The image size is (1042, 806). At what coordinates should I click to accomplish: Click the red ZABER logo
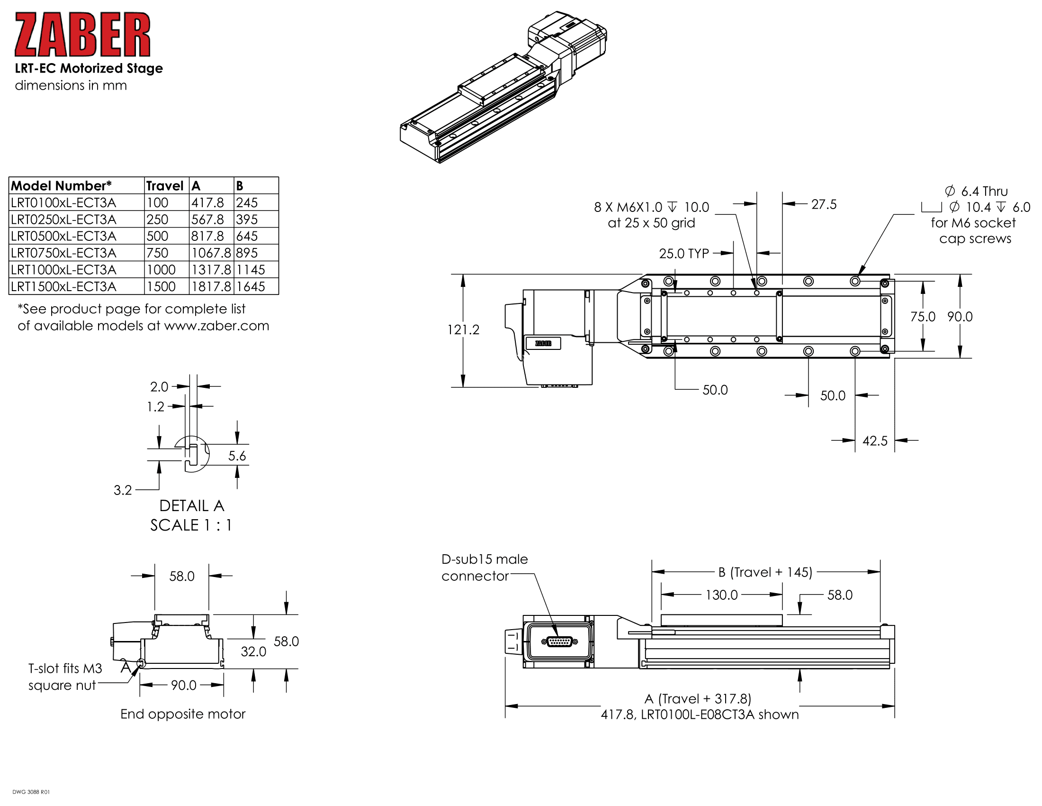pyautogui.click(x=82, y=35)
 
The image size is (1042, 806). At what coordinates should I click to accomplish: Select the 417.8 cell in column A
pyautogui.click(x=207, y=203)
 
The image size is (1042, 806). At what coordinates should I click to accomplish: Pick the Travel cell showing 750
pyautogui.click(x=157, y=253)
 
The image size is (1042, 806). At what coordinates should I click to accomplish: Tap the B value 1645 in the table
pyautogui.click(x=251, y=286)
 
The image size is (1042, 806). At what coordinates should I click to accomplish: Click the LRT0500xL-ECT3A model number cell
pyautogui.click(x=63, y=237)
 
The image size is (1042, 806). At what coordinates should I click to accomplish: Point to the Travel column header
pyautogui.click(x=165, y=186)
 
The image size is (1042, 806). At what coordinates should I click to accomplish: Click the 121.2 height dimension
pyautogui.click(x=463, y=330)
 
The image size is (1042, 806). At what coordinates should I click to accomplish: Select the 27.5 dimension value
pyautogui.click(x=824, y=204)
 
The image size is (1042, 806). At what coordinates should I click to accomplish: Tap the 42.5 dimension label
pyautogui.click(x=874, y=441)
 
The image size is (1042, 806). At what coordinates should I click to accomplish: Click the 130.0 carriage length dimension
pyautogui.click(x=721, y=595)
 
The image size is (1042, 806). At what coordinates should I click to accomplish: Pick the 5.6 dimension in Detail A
pyautogui.click(x=237, y=456)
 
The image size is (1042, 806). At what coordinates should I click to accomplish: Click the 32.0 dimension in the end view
pyautogui.click(x=253, y=651)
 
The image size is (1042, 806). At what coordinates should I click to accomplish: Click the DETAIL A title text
pyautogui.click(x=191, y=506)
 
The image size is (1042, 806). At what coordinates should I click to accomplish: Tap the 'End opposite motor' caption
pyautogui.click(x=183, y=714)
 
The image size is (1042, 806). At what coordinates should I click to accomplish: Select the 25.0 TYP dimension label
pyautogui.click(x=683, y=254)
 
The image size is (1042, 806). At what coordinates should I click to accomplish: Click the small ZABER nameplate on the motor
pyautogui.click(x=543, y=343)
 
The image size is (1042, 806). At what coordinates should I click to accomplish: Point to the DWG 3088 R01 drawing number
pyautogui.click(x=31, y=792)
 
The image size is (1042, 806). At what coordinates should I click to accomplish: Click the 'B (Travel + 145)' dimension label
pyautogui.click(x=765, y=572)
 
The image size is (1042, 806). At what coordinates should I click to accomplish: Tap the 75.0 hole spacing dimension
pyautogui.click(x=923, y=317)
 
